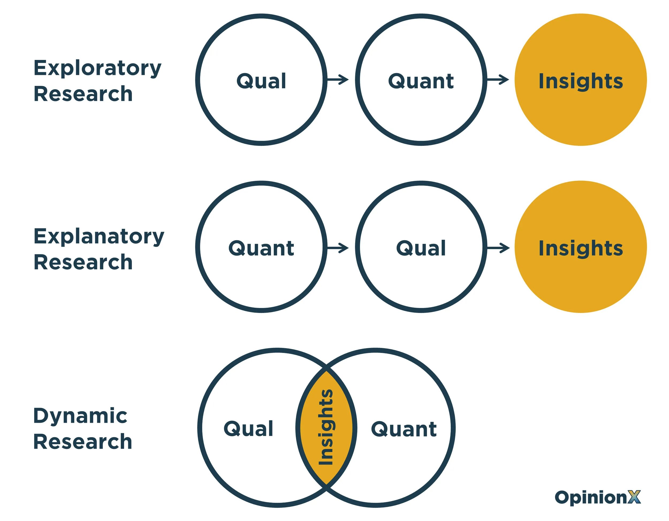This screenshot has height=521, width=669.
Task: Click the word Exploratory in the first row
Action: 97,69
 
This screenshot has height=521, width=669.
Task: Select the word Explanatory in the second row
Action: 99,237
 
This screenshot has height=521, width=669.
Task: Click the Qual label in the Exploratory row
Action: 261,81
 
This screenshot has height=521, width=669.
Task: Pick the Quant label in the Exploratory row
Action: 421,81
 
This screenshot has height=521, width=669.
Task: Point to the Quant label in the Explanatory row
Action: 261,248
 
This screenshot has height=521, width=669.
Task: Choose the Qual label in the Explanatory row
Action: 421,248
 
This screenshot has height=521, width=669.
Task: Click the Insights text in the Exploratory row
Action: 581,81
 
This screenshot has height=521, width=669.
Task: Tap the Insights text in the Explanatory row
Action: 581,248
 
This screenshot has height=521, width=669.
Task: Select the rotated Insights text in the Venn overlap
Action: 326,428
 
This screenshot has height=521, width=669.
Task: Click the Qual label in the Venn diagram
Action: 248,428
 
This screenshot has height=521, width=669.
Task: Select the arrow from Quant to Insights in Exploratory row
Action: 498,80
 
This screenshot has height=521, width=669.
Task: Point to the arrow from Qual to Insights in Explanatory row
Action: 498,248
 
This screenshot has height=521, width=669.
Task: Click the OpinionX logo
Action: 597,497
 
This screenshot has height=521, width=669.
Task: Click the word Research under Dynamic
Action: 83,442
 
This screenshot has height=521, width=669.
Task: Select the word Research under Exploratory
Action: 83,94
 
